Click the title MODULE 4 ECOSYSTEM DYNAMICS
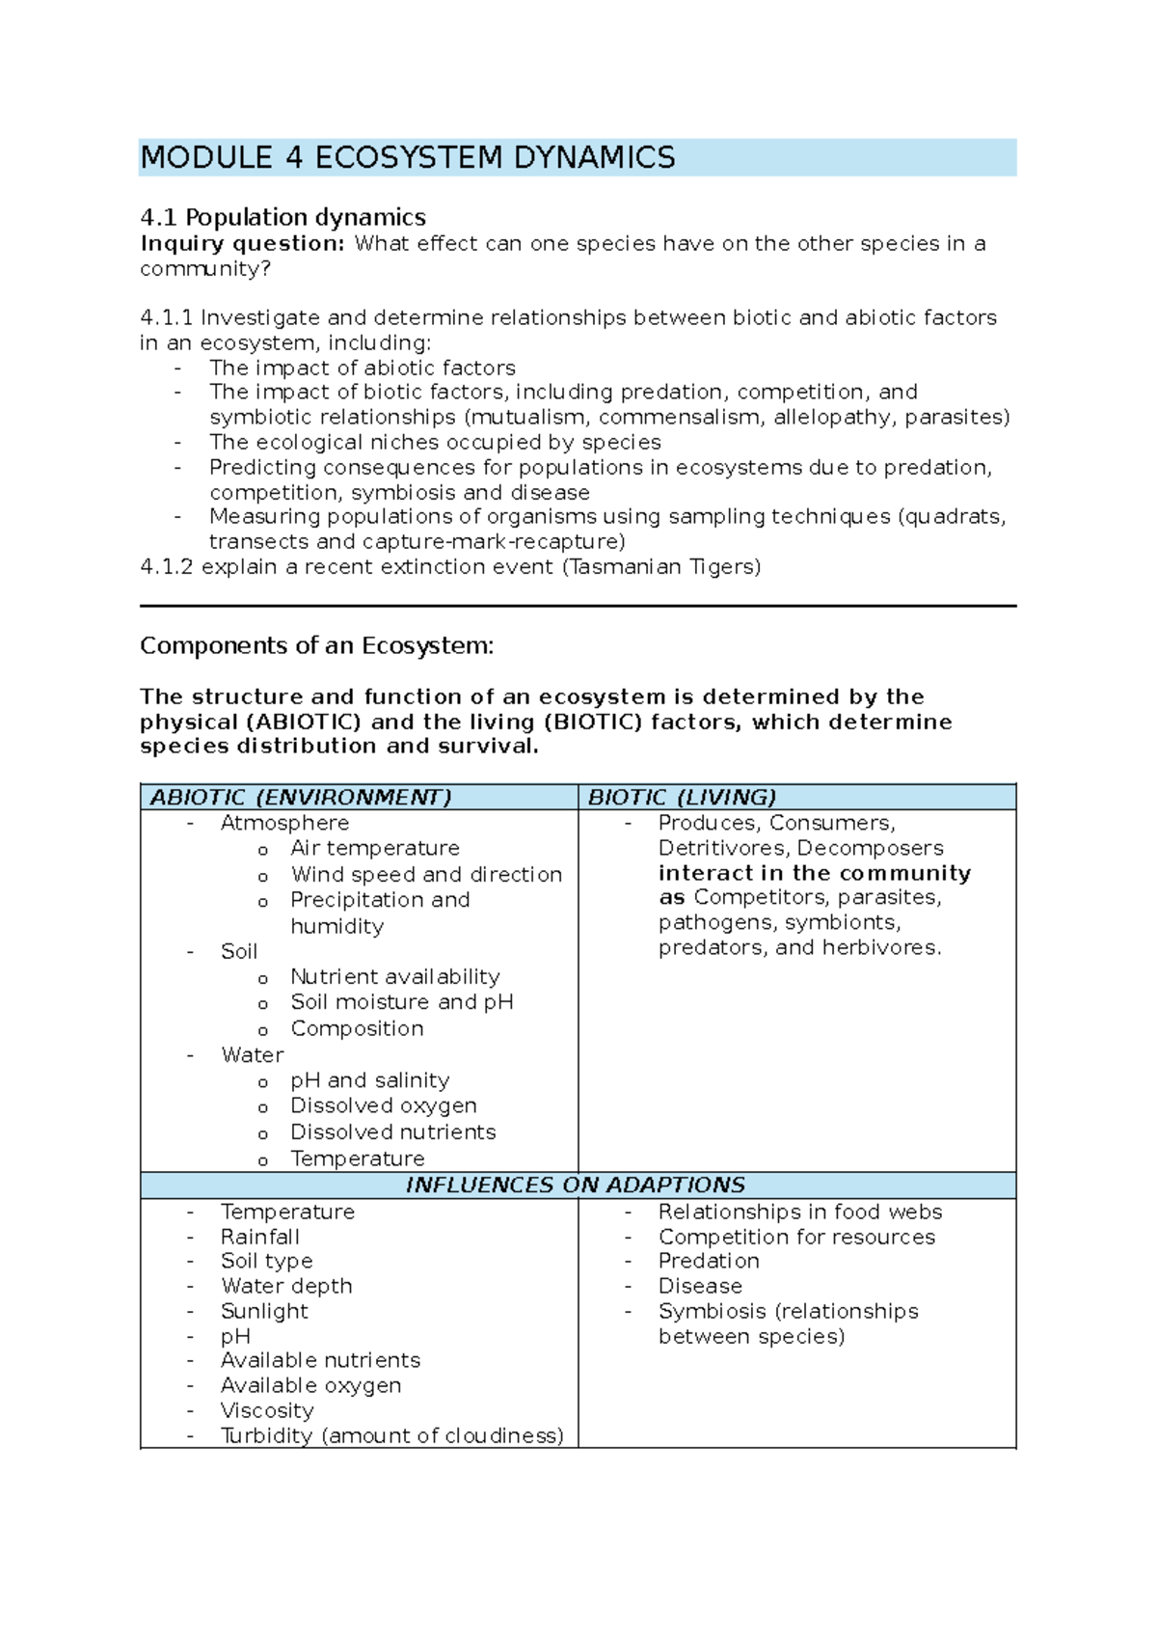pyautogui.click(x=408, y=157)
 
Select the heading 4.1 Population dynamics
pyautogui.click(x=283, y=217)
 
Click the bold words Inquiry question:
pyautogui.click(x=242, y=243)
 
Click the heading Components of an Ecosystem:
pyautogui.click(x=316, y=645)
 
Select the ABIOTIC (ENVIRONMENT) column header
pyautogui.click(x=301, y=797)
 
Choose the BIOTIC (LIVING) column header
pyautogui.click(x=682, y=797)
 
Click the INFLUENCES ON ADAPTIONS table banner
pyautogui.click(x=576, y=1185)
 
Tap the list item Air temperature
pyautogui.click(x=375, y=848)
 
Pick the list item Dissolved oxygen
pyautogui.click(x=384, y=1105)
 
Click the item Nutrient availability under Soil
pyautogui.click(x=395, y=976)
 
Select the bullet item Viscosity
pyautogui.click(x=267, y=1410)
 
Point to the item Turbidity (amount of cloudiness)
pyautogui.click(x=391, y=1435)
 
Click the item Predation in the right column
pyautogui.click(x=709, y=1261)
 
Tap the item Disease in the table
pyautogui.click(x=700, y=1286)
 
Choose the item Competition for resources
pyautogui.click(x=796, y=1237)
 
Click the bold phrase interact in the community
pyautogui.click(x=815, y=873)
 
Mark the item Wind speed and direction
pyautogui.click(x=426, y=874)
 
